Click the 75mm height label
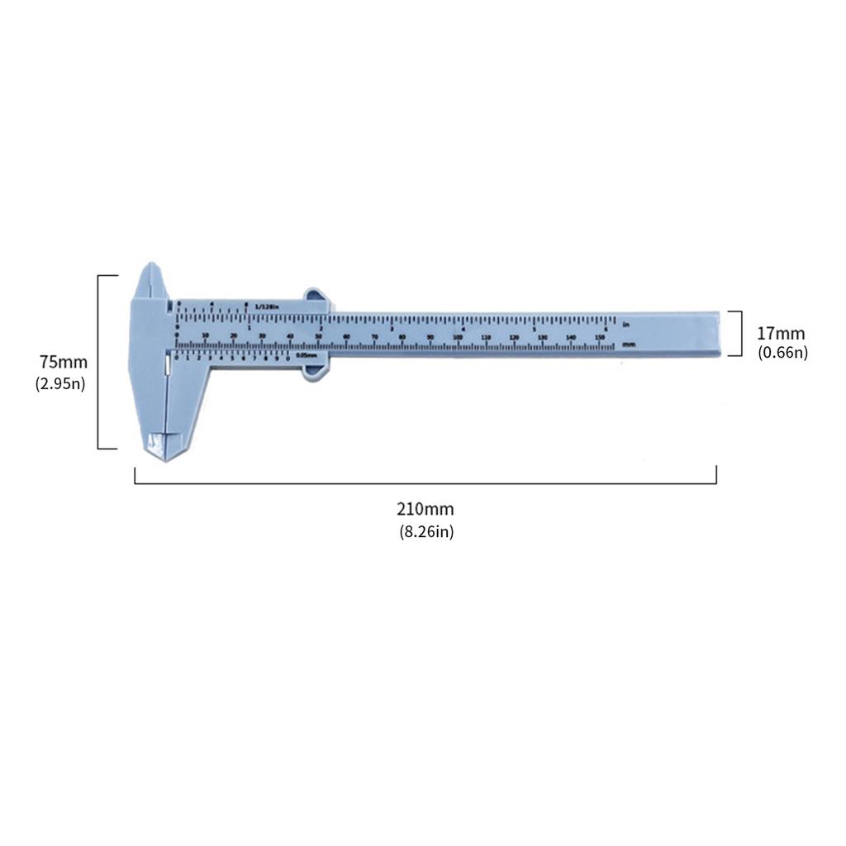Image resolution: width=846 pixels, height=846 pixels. point(63,362)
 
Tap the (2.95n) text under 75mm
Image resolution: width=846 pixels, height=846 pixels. point(60,383)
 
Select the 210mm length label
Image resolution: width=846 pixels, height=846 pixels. point(425,509)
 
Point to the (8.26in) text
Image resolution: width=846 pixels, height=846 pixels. point(425,532)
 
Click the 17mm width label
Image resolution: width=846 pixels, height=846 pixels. point(781,334)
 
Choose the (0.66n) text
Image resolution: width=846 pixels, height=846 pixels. point(782,353)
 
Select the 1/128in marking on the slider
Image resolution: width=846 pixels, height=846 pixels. point(268,307)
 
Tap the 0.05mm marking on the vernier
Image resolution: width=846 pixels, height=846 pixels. point(306,356)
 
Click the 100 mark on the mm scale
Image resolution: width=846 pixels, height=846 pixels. point(457,337)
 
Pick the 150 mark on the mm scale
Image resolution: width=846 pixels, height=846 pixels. point(598,337)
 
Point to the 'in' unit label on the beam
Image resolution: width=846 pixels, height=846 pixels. point(627,323)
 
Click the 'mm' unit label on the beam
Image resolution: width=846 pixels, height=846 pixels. point(629,344)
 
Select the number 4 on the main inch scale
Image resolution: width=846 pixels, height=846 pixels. point(463,329)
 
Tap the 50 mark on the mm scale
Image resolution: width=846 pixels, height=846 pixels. point(318,337)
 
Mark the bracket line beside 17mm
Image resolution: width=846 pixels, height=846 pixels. point(740,333)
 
